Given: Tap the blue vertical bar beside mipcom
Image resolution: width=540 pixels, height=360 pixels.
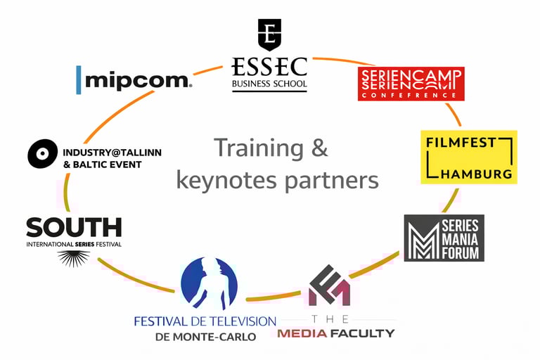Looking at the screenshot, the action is tap(78, 79).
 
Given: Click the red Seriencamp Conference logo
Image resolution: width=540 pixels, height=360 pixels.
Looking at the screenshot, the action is tap(411, 84).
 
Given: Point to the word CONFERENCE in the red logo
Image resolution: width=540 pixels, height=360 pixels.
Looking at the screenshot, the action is tap(411, 94).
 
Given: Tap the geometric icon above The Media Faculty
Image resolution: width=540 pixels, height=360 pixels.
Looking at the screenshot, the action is tap(329, 285).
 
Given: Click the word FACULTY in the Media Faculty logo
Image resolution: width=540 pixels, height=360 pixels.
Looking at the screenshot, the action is tap(361, 333).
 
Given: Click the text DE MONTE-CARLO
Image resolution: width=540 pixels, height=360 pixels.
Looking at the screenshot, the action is tap(205, 336).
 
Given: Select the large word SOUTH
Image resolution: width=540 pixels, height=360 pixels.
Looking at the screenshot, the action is tap(74, 227).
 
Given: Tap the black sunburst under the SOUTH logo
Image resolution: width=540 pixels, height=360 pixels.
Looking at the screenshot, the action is tap(73, 258).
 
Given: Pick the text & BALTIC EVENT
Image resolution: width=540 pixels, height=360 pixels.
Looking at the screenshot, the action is tap(102, 165).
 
